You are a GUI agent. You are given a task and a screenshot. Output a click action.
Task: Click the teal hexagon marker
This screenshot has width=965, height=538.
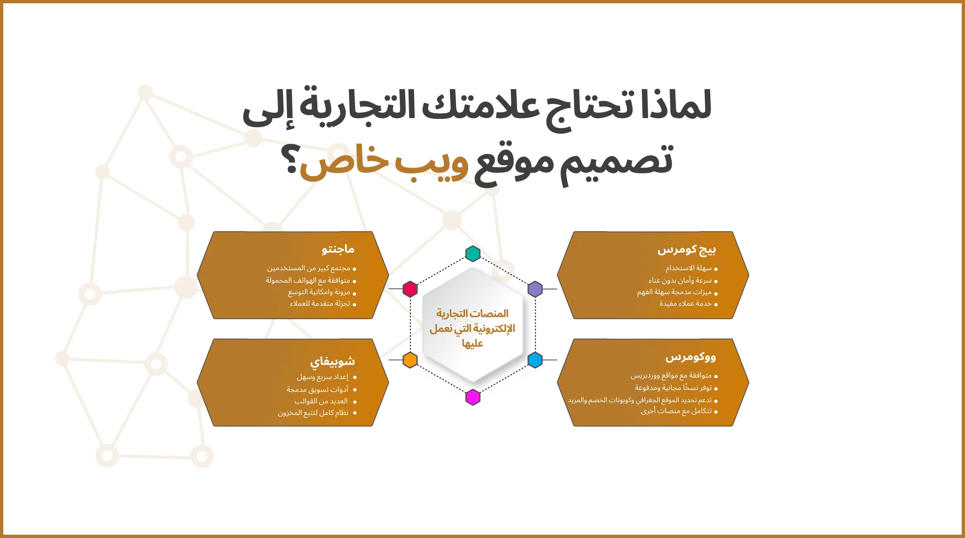pos(473,254)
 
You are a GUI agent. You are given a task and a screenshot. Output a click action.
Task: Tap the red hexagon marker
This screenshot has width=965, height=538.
pos(410,289)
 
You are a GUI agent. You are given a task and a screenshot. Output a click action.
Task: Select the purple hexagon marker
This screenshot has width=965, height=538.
pos(535,289)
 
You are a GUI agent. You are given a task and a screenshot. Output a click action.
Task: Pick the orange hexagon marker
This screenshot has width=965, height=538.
pos(410,360)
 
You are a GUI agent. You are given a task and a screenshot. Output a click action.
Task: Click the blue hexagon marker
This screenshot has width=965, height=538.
pos(535,360)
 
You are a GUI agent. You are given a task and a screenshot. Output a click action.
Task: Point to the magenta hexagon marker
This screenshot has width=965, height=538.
pos(473,397)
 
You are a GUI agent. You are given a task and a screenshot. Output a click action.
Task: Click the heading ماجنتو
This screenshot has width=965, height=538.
pos(338,249)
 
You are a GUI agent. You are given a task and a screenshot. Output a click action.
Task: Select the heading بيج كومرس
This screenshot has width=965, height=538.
pos(687,250)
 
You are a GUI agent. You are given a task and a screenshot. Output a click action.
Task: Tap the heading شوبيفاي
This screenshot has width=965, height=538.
pos(333,362)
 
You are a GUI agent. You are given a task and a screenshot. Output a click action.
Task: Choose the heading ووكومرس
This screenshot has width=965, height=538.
pos(690,357)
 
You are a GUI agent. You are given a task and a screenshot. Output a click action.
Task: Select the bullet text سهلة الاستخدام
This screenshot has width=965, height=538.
pos(688,268)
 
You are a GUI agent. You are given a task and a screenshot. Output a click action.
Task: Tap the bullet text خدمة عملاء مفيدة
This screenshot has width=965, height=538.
pos(685,304)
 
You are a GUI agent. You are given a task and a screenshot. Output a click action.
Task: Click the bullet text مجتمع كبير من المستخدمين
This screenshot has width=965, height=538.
pos(309,268)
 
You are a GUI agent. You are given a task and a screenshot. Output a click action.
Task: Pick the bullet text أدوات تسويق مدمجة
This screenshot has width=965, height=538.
pos(317,390)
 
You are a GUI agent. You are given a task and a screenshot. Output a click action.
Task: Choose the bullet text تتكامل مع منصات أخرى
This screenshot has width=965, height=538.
pos(676,411)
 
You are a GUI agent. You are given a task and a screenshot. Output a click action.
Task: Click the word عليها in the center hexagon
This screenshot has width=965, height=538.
pos(473,344)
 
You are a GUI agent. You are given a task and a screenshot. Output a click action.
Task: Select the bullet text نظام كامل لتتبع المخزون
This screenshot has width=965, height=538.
pos(313,413)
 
